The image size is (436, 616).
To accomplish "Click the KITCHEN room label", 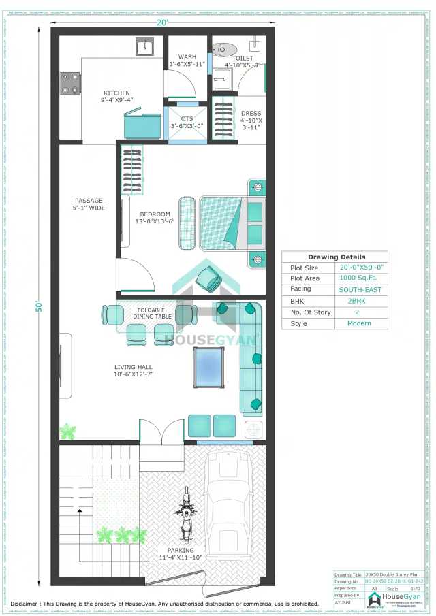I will pos(116,93).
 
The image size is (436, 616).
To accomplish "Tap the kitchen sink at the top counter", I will pos(144,48).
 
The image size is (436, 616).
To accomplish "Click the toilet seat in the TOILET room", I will pos(223,49).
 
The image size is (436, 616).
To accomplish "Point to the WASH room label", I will pos(187,57).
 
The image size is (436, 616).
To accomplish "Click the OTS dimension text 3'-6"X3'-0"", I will pos(187,125).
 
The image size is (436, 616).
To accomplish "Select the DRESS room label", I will pos(251,114).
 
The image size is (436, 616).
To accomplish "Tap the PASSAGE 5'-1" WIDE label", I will pos(89,204).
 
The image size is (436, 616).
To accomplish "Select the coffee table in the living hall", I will pos(209,367).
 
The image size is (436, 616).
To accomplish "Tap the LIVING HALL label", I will pos(133,367).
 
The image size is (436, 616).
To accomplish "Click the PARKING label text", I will pos(181,550).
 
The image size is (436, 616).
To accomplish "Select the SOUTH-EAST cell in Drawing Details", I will pos(360,289).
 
